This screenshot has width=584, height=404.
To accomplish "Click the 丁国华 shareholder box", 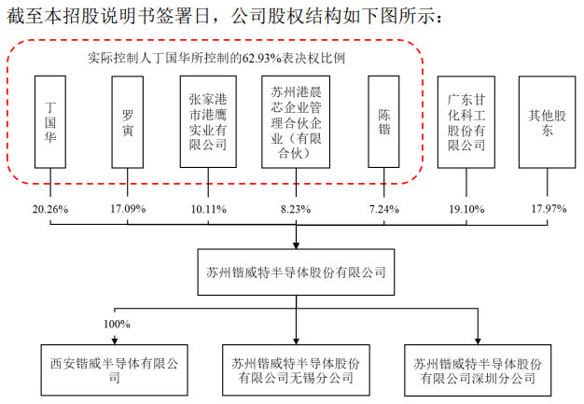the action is pyautogui.click(x=50, y=122).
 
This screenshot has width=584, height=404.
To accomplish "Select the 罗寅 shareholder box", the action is pyautogui.click(x=128, y=122).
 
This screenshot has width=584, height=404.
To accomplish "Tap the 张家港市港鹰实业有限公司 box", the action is pyautogui.click(x=208, y=121).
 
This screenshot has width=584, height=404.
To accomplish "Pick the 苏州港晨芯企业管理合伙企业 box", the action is pyautogui.click(x=296, y=122).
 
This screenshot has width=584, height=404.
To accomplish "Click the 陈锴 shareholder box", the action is pyautogui.click(x=383, y=121).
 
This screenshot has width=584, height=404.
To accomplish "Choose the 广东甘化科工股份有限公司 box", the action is pyautogui.click(x=466, y=122).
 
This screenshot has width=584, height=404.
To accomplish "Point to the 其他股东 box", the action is pyautogui.click(x=547, y=122).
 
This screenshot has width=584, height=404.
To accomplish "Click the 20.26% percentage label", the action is pyautogui.click(x=50, y=209).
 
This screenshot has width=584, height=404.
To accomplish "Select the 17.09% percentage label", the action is pyautogui.click(x=128, y=209).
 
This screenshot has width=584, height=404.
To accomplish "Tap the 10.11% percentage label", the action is pyautogui.click(x=209, y=209).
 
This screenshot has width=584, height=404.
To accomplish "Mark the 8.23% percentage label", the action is pyautogui.click(x=296, y=209).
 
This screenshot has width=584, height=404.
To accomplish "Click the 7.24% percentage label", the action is pyautogui.click(x=384, y=209).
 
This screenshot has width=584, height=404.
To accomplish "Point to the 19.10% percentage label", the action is pyautogui.click(x=466, y=209).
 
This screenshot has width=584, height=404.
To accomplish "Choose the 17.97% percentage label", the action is pyautogui.click(x=549, y=209).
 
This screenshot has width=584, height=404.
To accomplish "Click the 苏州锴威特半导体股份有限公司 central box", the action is pyautogui.click(x=296, y=272).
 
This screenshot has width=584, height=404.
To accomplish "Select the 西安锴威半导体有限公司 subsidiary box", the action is pyautogui.click(x=115, y=369).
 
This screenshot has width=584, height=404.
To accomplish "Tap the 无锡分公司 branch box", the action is pyautogui.click(x=296, y=369).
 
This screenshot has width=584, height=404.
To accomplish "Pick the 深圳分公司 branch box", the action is pyautogui.click(x=478, y=369).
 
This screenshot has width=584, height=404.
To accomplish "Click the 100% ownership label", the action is pyautogui.click(x=117, y=325).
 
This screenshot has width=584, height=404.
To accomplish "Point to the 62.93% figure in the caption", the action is pyautogui.click(x=261, y=59).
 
